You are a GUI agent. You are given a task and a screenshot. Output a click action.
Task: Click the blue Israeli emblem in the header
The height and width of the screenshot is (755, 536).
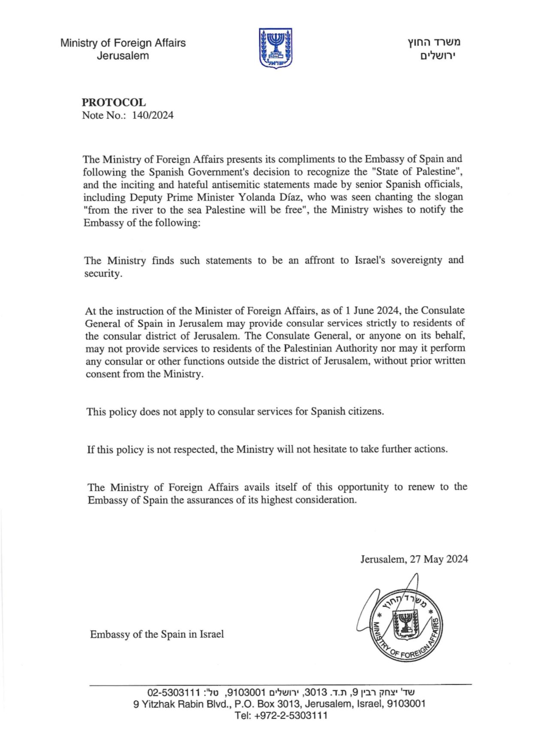tap(276, 47)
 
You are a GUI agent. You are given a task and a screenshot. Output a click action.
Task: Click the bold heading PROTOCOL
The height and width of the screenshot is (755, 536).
tap(114, 103)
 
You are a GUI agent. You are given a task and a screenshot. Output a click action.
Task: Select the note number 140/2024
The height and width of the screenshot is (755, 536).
tap(153, 115)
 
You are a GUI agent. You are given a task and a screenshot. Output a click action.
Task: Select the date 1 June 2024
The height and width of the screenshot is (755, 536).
tap(373, 311)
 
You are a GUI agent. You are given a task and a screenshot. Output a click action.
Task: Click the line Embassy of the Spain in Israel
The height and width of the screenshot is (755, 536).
tap(157, 634)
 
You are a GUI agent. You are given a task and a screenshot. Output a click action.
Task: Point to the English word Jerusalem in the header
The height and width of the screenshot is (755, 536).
tap(123, 56)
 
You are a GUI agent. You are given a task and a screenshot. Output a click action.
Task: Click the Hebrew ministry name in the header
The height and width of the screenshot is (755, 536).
tap(434, 42)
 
